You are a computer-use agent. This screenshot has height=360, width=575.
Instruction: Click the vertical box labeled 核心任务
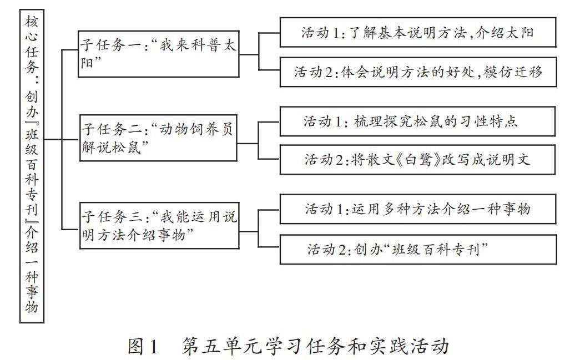click(x=32, y=166)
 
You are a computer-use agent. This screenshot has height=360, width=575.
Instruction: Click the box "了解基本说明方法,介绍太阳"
click(x=417, y=33)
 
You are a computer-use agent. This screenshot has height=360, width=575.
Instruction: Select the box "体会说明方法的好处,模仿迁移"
click(x=417, y=72)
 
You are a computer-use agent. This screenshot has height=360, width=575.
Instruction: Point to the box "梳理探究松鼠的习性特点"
click(x=417, y=121)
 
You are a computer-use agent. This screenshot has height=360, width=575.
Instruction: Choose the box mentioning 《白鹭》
click(x=417, y=160)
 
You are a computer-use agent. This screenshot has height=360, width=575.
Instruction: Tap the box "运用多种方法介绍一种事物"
click(x=417, y=209)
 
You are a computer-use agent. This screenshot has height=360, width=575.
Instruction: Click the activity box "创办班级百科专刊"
click(x=417, y=249)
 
